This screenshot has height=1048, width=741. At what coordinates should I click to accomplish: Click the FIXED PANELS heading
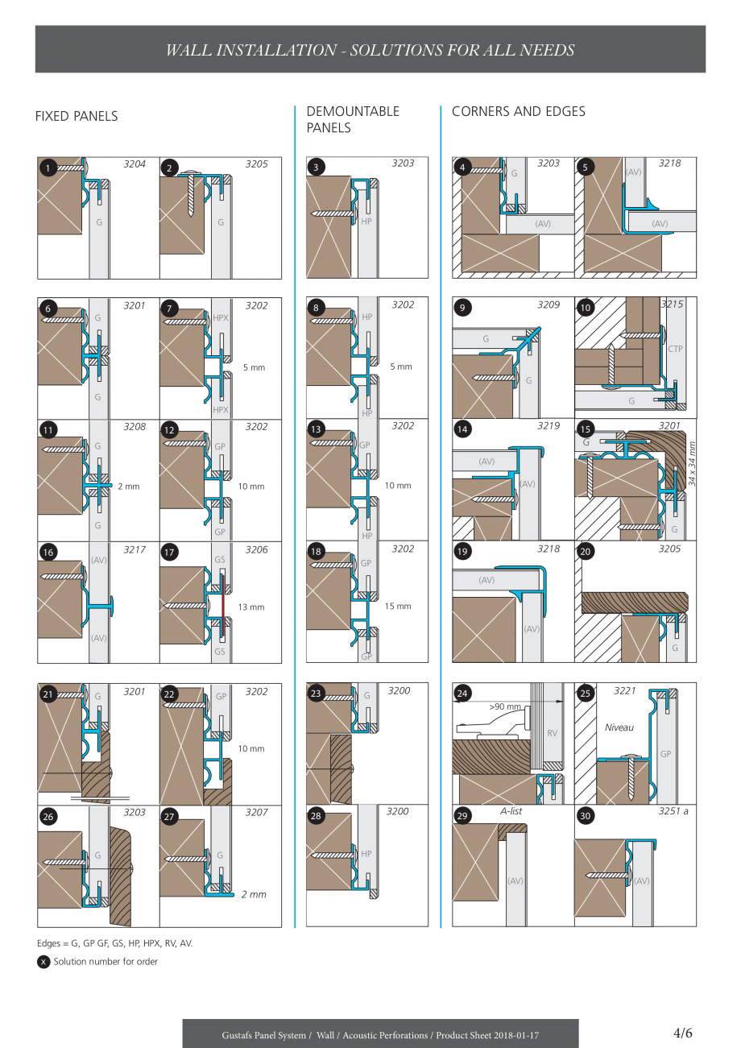(x=77, y=116)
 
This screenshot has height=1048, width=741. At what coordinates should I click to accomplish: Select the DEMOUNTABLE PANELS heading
(x=353, y=119)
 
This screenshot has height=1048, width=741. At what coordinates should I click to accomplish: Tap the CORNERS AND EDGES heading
(x=518, y=111)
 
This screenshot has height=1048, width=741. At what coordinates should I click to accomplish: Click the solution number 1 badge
(x=48, y=168)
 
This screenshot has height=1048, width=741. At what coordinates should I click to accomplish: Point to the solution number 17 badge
(x=170, y=553)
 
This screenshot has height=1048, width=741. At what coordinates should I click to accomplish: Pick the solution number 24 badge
(x=462, y=694)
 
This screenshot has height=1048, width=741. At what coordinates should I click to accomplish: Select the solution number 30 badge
(x=586, y=816)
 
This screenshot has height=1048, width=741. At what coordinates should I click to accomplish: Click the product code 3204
(x=135, y=164)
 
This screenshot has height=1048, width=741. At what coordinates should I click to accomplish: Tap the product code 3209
(x=549, y=305)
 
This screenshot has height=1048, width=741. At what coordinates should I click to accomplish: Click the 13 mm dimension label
(x=251, y=607)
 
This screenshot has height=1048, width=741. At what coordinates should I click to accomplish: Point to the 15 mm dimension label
(x=398, y=607)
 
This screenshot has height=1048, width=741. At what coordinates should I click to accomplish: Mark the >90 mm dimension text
(x=504, y=706)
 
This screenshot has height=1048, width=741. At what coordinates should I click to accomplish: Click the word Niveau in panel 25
(x=619, y=727)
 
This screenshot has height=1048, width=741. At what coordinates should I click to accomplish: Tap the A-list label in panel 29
(x=511, y=811)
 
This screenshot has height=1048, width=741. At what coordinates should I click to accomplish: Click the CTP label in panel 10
(x=675, y=349)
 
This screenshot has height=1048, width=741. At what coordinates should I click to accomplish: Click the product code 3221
(x=624, y=691)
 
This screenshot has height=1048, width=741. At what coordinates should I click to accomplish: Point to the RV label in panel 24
(x=552, y=733)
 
